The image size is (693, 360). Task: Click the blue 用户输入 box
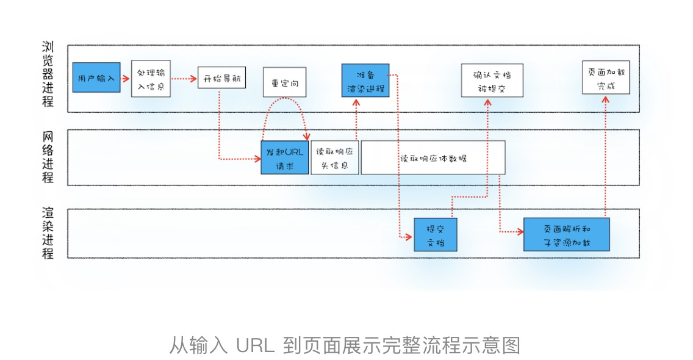pos(96,77)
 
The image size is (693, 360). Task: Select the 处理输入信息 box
pos(151,79)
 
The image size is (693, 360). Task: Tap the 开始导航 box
pos(221,78)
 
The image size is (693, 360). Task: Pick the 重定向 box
pos(285,82)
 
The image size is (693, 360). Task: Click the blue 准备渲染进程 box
pos(365,81)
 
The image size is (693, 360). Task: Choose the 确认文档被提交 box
pos(492,81)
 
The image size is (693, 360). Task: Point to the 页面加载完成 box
pos(606,77)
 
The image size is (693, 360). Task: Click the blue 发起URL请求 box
pos(285,158)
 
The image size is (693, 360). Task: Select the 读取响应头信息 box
pos(334,158)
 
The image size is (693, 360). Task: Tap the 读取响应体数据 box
pos(433,158)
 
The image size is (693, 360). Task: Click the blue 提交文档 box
pos(436,235)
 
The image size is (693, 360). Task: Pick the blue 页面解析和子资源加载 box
pos(567,234)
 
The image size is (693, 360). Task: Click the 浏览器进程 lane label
pos(48,74)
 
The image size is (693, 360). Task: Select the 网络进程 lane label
pos(48,157)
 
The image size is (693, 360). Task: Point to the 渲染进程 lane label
pos(48,232)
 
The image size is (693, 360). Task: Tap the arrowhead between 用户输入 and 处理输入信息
pos(126,79)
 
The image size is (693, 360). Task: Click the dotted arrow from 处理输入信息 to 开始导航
pos(184,79)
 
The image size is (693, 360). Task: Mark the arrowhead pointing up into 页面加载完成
pos(606,99)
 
